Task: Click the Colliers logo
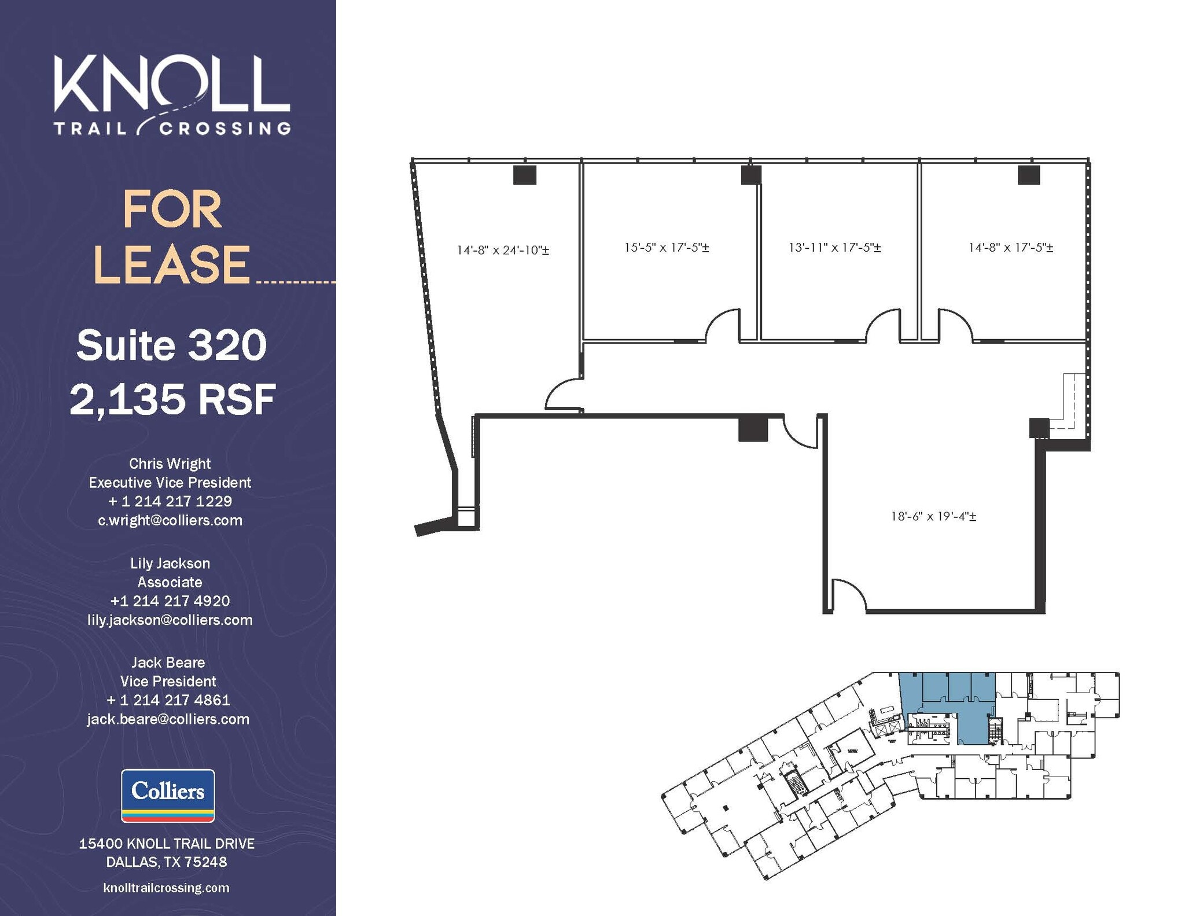(168, 795)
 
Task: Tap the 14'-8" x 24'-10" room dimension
(502, 250)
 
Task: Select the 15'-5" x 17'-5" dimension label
(666, 247)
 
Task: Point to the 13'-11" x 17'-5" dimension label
(834, 247)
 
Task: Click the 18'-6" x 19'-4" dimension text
(933, 516)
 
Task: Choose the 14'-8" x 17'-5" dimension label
(1010, 247)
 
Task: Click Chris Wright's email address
(170, 520)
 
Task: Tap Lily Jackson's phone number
(170, 601)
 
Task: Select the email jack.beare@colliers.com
(168, 719)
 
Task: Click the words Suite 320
(171, 345)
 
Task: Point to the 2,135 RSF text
(172, 399)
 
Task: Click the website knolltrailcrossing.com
(167, 888)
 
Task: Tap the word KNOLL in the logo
(172, 84)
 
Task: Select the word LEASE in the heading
(172, 264)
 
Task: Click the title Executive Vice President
(170, 483)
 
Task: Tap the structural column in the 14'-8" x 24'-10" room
(524, 175)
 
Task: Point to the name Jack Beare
(168, 663)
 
